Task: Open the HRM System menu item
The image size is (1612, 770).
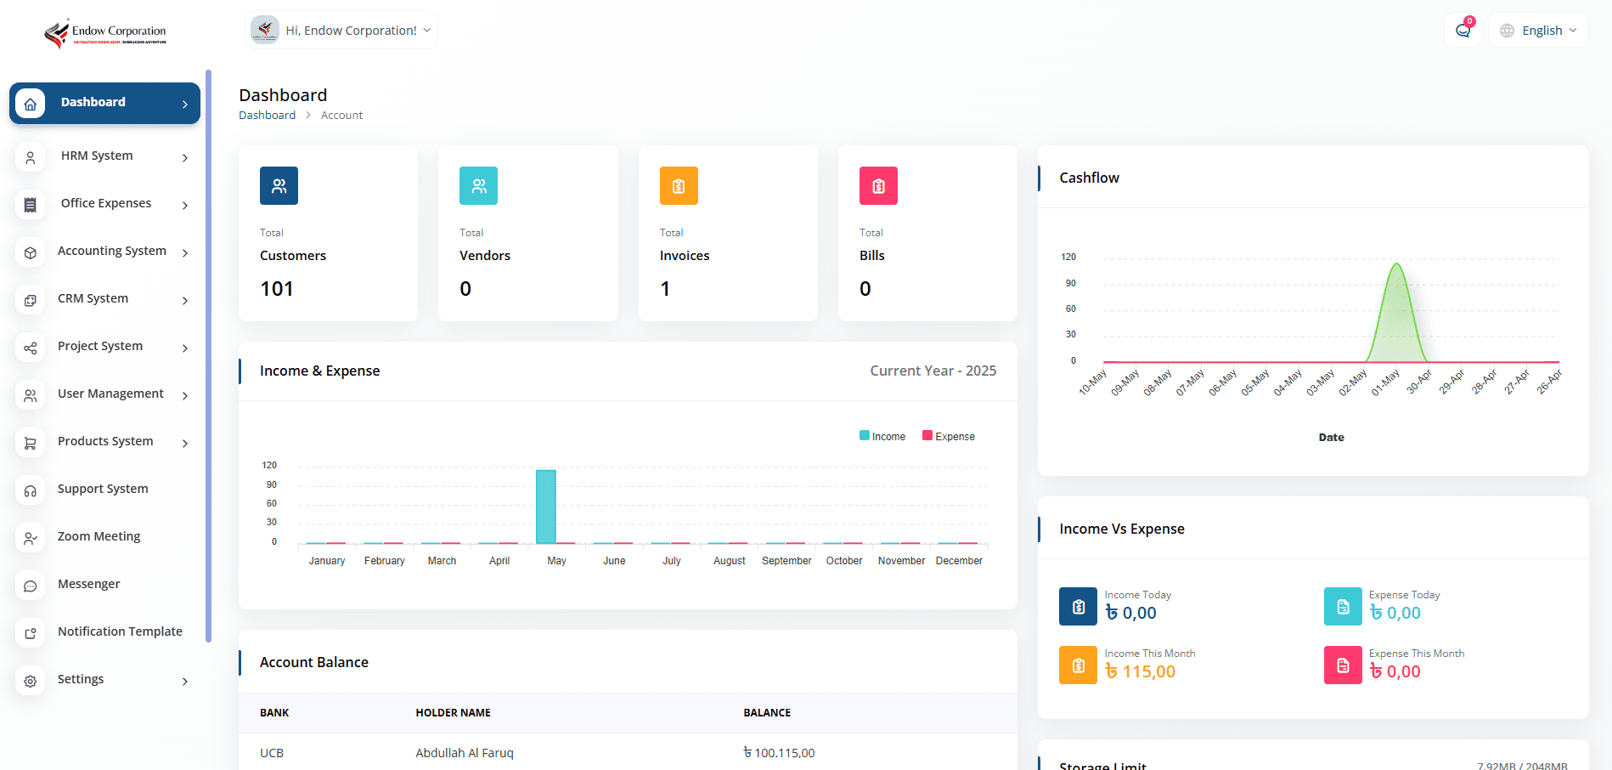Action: pyautogui.click(x=97, y=156)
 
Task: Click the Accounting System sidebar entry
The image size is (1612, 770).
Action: pyautogui.click(x=111, y=251)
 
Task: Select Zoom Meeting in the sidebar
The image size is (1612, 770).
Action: pyautogui.click(x=99, y=536)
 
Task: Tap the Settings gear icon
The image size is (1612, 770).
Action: pyautogui.click(x=31, y=681)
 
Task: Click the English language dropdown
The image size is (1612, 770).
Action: pyautogui.click(x=1539, y=31)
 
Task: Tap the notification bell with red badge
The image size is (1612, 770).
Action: pyautogui.click(x=1463, y=31)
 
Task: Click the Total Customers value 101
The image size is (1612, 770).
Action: pyautogui.click(x=277, y=289)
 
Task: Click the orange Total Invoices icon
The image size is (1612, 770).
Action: pyautogui.click(x=679, y=186)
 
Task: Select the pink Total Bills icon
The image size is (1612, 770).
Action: pyautogui.click(x=878, y=186)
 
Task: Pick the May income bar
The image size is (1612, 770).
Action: pyautogui.click(x=546, y=507)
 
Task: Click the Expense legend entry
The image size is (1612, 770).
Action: pyautogui.click(x=949, y=437)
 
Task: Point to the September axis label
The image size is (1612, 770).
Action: pyautogui.click(x=786, y=561)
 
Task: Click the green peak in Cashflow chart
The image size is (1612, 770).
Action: pyautogui.click(x=1396, y=280)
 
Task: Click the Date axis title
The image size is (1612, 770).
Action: pyautogui.click(x=1331, y=438)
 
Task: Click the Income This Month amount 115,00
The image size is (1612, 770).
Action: pyautogui.click(x=1141, y=672)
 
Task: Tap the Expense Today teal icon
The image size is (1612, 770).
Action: pyautogui.click(x=1343, y=607)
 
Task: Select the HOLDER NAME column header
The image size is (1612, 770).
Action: pyautogui.click(x=453, y=713)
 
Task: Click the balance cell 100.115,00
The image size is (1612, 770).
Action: pyautogui.click(x=779, y=753)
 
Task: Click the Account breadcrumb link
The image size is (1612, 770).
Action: pyautogui.click(x=341, y=116)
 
